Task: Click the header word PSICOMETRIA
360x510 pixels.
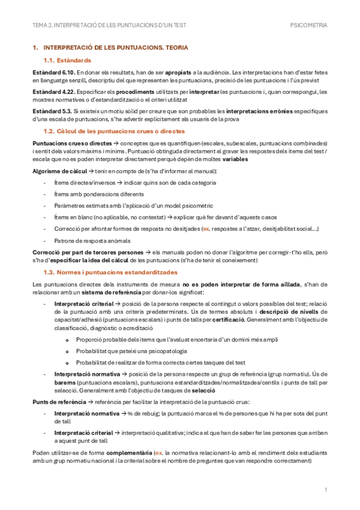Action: pyautogui.click(x=308, y=25)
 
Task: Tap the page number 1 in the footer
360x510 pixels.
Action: pyautogui.click(x=325, y=491)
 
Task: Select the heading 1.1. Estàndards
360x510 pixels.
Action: pyautogui.click(x=68, y=60)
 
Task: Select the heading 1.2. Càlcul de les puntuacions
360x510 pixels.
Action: pyautogui.click(x=114, y=131)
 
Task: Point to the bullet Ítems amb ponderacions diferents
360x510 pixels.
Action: pyautogui.click(x=99, y=194)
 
